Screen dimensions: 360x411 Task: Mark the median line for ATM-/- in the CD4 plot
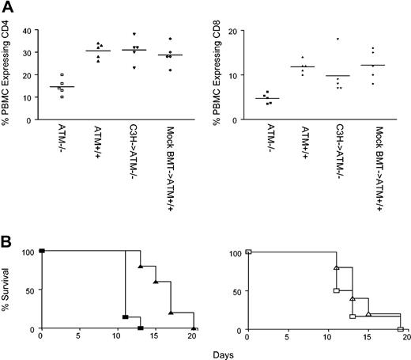pos(62,87)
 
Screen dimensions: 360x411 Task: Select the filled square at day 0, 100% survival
pos(41,251)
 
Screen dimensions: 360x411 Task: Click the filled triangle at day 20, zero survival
pos(194,328)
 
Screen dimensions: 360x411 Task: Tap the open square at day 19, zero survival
pos(400,328)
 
